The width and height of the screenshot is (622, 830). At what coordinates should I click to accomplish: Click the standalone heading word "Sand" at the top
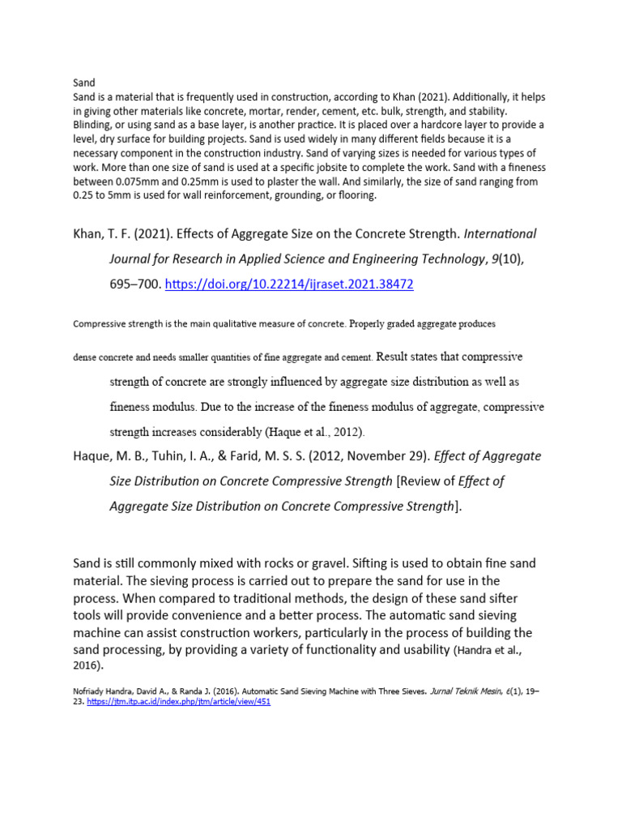pos(84,83)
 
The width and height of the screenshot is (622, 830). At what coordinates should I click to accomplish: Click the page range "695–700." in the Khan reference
pos(135,285)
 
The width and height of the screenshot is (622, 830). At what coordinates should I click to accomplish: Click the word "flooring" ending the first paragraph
pos(355,195)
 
